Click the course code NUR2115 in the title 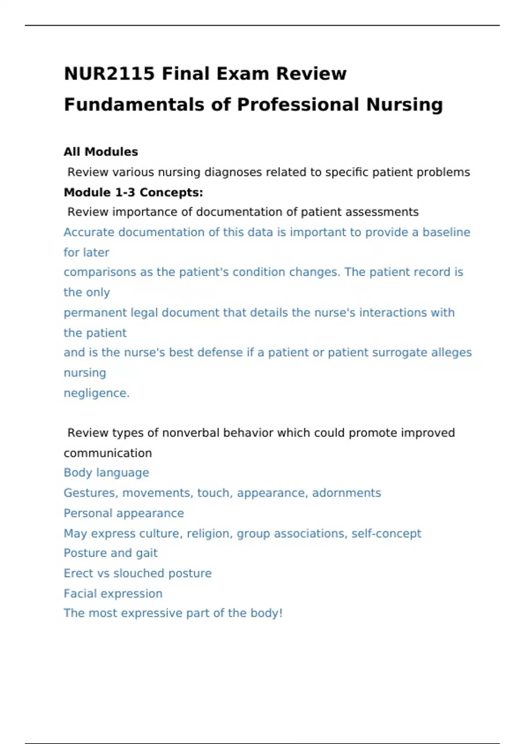click(109, 74)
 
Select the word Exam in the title click(243, 74)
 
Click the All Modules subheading click(101, 152)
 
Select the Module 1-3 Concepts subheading click(133, 192)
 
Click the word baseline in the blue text click(446, 232)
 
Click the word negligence click(96, 393)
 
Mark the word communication click(108, 453)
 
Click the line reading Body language click(106, 473)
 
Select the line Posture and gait click(110, 553)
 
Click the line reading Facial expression click(113, 593)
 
